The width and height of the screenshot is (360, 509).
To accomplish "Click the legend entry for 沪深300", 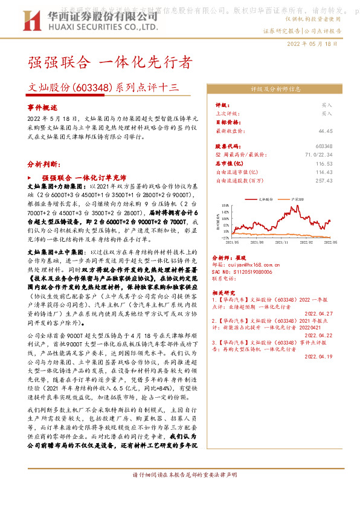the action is pos(295,198).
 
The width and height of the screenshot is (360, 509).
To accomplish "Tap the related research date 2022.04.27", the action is pos(318,313).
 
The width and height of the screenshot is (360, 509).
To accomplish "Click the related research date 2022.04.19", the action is pos(318,356).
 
